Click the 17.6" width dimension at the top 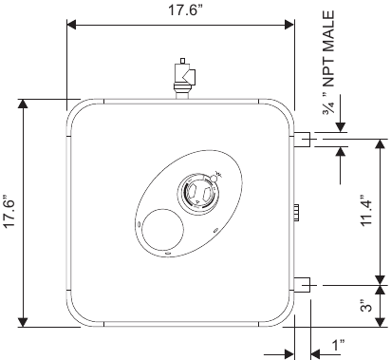(180, 10)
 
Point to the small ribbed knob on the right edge (297, 212)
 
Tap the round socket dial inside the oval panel (200, 191)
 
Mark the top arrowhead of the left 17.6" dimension (26, 102)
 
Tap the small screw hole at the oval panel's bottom (168, 253)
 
